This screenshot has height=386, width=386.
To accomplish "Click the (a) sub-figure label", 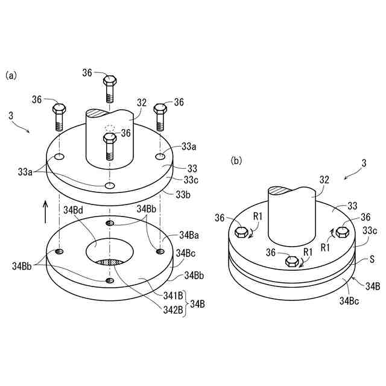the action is (x=11, y=75).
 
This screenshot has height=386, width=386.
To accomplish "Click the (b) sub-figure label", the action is (x=237, y=160).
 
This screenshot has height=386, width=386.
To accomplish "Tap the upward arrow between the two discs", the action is (x=45, y=212).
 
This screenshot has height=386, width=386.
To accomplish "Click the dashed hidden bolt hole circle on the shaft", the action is (x=110, y=128).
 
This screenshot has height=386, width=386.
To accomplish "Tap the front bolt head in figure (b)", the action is (x=292, y=261).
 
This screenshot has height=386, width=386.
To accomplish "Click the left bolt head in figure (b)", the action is (x=241, y=232).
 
